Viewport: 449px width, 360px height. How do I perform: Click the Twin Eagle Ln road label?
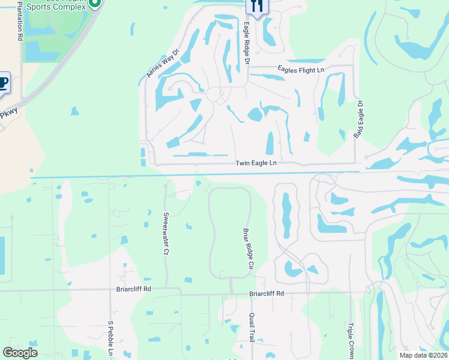(256, 163)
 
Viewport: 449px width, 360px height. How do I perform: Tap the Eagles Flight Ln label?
(300, 70)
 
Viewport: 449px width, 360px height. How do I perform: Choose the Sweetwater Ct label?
(165, 233)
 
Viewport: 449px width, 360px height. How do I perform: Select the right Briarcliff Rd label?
(267, 294)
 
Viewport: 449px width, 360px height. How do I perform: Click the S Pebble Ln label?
(110, 340)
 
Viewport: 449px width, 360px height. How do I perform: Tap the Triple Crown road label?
(350, 340)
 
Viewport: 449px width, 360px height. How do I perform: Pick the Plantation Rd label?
(20, 20)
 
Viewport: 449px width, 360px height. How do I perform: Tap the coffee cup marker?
(2, 82)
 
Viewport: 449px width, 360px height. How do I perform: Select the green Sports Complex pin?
(94, 3)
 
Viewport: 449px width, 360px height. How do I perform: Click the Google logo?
(20, 353)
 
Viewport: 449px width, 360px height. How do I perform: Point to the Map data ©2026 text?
(423, 355)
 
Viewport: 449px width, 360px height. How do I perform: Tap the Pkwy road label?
(8, 113)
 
